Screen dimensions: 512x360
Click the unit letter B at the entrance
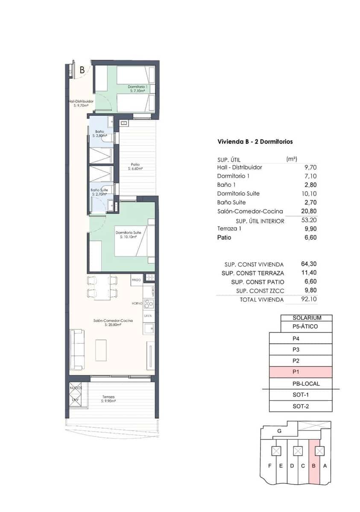coord(82,70)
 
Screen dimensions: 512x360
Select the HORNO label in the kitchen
coord(136,303)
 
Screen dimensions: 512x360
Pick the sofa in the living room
coord(77,349)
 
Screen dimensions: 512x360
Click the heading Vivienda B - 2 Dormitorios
coord(255,142)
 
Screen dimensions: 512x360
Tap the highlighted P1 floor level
coord(301,372)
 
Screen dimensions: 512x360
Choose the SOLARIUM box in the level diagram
coord(306,318)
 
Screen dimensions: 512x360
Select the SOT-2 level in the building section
coord(301,406)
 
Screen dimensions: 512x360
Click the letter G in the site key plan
coord(279,431)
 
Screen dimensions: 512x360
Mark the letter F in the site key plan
coord(269,465)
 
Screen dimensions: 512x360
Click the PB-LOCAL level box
coord(306,384)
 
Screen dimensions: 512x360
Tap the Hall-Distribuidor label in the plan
coord(81,103)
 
